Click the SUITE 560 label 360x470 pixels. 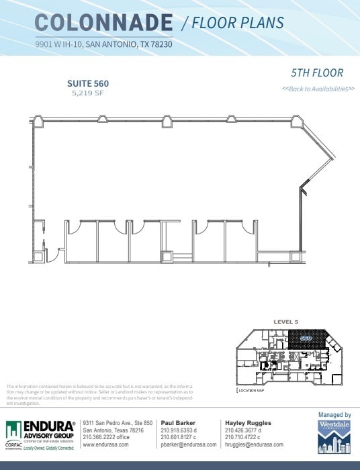[x=87, y=83]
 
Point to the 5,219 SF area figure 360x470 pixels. [x=87, y=93]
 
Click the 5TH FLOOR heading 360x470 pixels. [x=317, y=73]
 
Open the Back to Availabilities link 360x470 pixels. [x=318, y=89]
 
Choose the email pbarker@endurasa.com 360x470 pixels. [x=188, y=444]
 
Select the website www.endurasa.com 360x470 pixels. [x=105, y=444]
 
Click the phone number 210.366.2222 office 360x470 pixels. [x=111, y=437]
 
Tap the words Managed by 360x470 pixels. [x=334, y=415]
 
